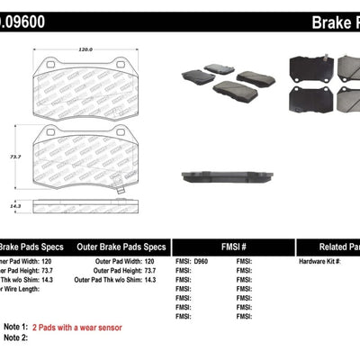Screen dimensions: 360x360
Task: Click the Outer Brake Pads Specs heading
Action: click(121, 245)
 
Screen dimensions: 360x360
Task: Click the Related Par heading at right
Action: click(330, 245)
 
